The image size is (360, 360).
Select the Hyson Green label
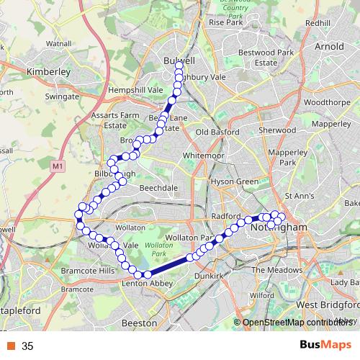pyautogui.click(x=234, y=182)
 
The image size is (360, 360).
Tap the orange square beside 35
pyautogui.click(x=11, y=346)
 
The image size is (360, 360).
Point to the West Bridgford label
pyautogui.click(x=328, y=305)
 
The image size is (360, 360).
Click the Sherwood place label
pyautogui.click(x=277, y=130)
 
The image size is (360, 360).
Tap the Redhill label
pyautogui.click(x=318, y=23)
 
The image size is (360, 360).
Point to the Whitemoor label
pyautogui.click(x=204, y=156)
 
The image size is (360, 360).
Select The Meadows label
pyautogui.click(x=276, y=270)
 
